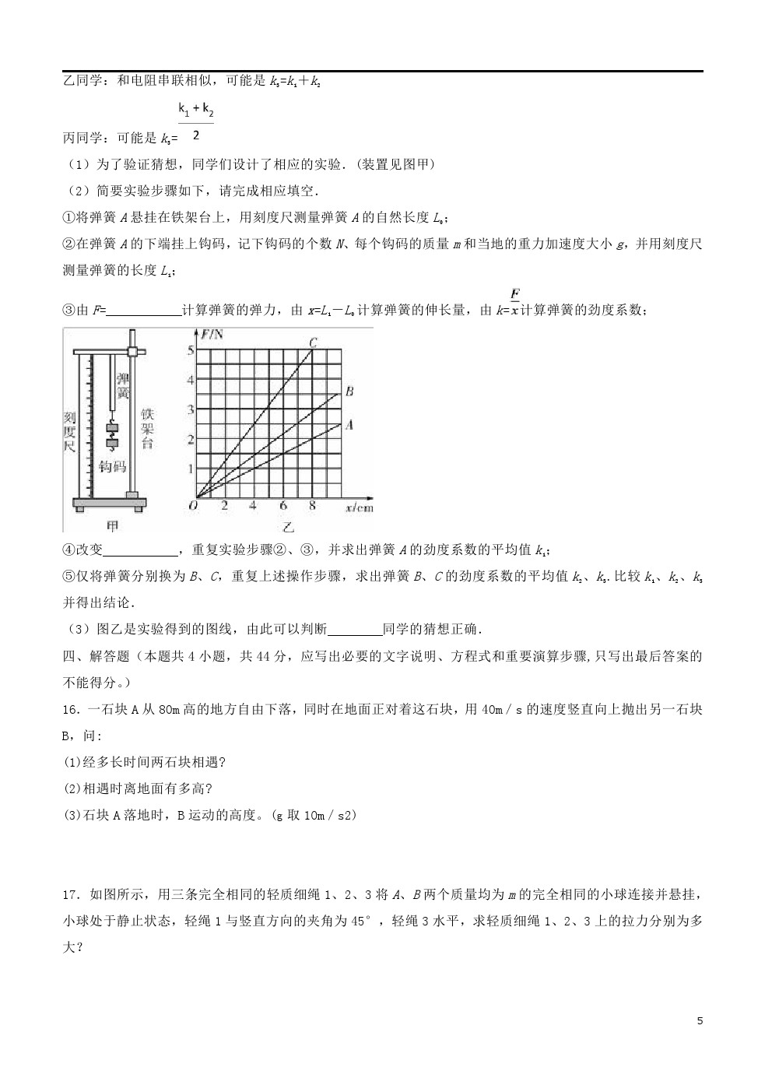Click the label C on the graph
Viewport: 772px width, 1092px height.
coord(313,342)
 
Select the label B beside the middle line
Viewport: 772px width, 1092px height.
coord(349,392)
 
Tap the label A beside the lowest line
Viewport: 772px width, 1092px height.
coord(349,425)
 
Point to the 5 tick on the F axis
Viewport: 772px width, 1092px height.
coord(189,350)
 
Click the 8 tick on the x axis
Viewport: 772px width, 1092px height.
coord(312,506)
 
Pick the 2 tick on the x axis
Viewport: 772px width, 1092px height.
coord(224,506)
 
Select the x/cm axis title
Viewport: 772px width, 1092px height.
coord(359,507)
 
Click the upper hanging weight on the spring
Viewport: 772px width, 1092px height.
coord(113,427)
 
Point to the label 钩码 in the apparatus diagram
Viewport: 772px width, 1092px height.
coord(113,466)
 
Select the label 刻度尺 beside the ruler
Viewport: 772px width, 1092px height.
coord(69,432)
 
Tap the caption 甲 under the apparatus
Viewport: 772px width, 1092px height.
coord(113,526)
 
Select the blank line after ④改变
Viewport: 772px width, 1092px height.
coord(141,552)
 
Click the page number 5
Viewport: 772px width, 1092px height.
coord(700,1020)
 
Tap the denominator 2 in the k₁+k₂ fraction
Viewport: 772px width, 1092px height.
coord(195,135)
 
